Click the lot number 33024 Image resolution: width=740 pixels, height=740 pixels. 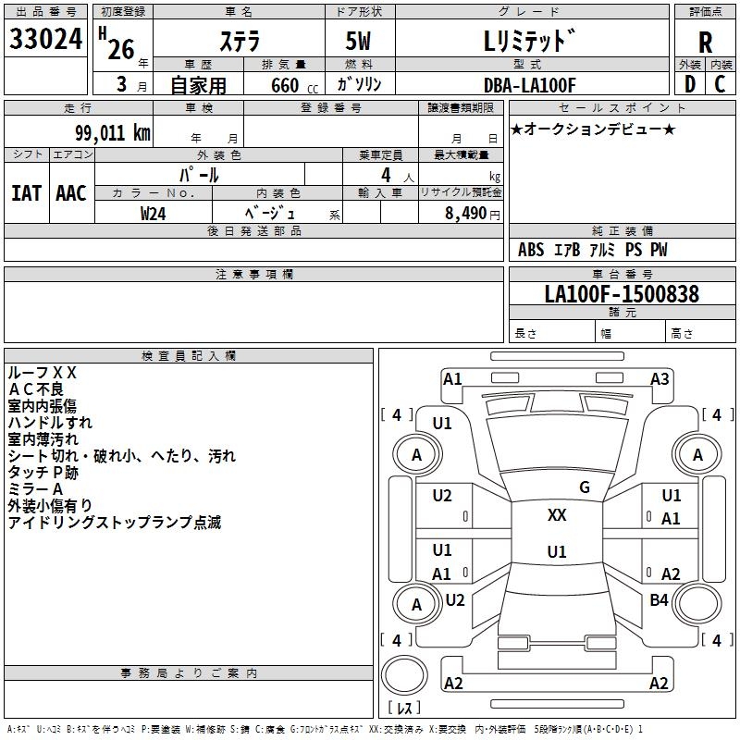pos(45,39)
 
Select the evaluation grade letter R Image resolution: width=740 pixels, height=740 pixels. pos(705,43)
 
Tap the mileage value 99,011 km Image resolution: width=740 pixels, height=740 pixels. pos(113,132)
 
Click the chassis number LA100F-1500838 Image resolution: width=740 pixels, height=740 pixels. pos(622,293)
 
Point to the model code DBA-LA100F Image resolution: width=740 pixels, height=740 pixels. pos(530,85)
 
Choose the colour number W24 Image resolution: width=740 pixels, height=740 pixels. pos(153,214)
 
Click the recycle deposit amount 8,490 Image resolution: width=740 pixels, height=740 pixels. pos(465,213)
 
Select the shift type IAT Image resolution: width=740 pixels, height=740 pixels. pos(27,193)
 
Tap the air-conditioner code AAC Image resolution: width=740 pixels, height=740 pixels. pos(71,193)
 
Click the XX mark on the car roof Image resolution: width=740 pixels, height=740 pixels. pos(557,514)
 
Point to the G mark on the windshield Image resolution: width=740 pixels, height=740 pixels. pos(585,487)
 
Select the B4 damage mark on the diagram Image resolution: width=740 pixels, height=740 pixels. pos(659,599)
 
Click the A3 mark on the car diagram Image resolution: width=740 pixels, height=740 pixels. pos(660,378)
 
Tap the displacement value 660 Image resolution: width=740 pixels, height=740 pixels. pos(285,85)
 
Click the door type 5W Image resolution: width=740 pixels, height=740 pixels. pos(358,41)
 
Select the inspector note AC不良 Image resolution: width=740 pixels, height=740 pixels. pos(36,389)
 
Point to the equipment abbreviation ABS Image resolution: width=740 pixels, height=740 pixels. pos(531,249)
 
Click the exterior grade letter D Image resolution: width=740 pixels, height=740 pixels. pos(690,84)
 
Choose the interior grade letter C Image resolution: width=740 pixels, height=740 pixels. pos(720,84)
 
